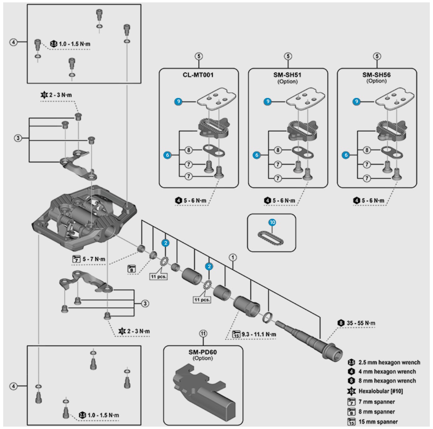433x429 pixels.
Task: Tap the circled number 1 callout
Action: pos(232,257)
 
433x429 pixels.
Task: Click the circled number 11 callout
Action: pos(203,333)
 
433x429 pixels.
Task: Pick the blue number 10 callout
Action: pos(272,223)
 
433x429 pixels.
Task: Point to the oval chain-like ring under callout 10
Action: pos(272,239)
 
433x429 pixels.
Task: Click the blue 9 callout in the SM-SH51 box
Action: pos(268,102)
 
